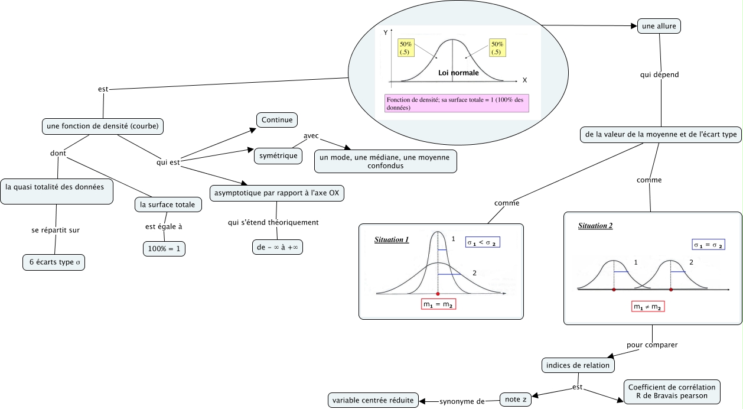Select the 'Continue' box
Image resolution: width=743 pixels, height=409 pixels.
tap(277, 120)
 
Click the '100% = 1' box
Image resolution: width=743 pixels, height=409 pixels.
tap(164, 249)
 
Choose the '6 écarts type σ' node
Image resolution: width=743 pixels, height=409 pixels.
tap(54, 262)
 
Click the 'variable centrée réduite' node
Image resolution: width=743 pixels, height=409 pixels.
tap(373, 400)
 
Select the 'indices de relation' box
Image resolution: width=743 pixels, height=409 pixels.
tap(578, 365)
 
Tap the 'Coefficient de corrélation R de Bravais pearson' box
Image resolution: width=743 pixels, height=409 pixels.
tap(672, 392)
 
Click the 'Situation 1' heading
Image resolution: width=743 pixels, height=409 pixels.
tap(392, 240)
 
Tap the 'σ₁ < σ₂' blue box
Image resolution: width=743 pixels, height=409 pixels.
tap(483, 242)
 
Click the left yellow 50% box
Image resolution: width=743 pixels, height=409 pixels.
tap(406, 48)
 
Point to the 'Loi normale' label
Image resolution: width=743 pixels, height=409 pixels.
tap(458, 73)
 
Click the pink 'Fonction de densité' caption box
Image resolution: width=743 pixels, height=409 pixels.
tap(456, 103)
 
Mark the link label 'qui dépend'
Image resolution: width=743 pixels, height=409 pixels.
tap(660, 75)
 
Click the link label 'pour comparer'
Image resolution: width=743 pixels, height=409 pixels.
tap(652, 345)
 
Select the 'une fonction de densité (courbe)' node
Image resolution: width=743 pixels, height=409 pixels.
tap(103, 126)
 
